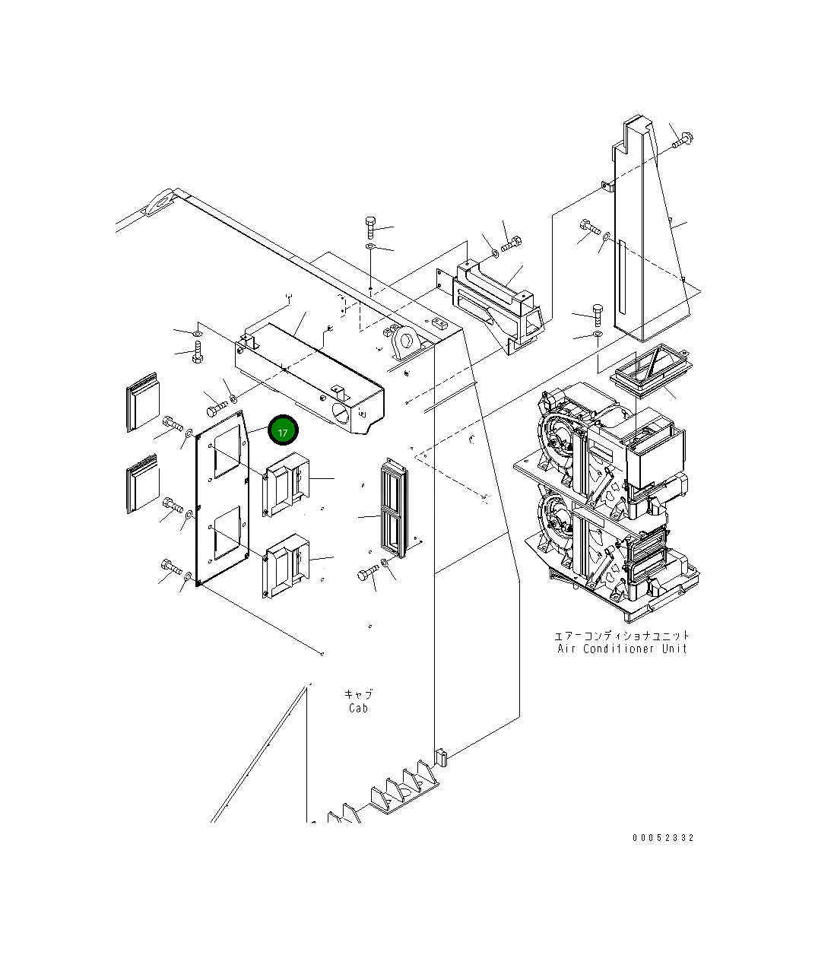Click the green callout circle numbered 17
[282, 431]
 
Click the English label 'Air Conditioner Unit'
[622, 649]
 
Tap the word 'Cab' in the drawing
[358, 708]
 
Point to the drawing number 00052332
[663, 838]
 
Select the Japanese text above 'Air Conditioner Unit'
[622, 635]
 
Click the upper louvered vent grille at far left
[142, 402]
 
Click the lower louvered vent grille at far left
[142, 484]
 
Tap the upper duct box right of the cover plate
[287, 484]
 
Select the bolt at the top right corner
[682, 140]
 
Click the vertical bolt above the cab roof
[370, 226]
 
